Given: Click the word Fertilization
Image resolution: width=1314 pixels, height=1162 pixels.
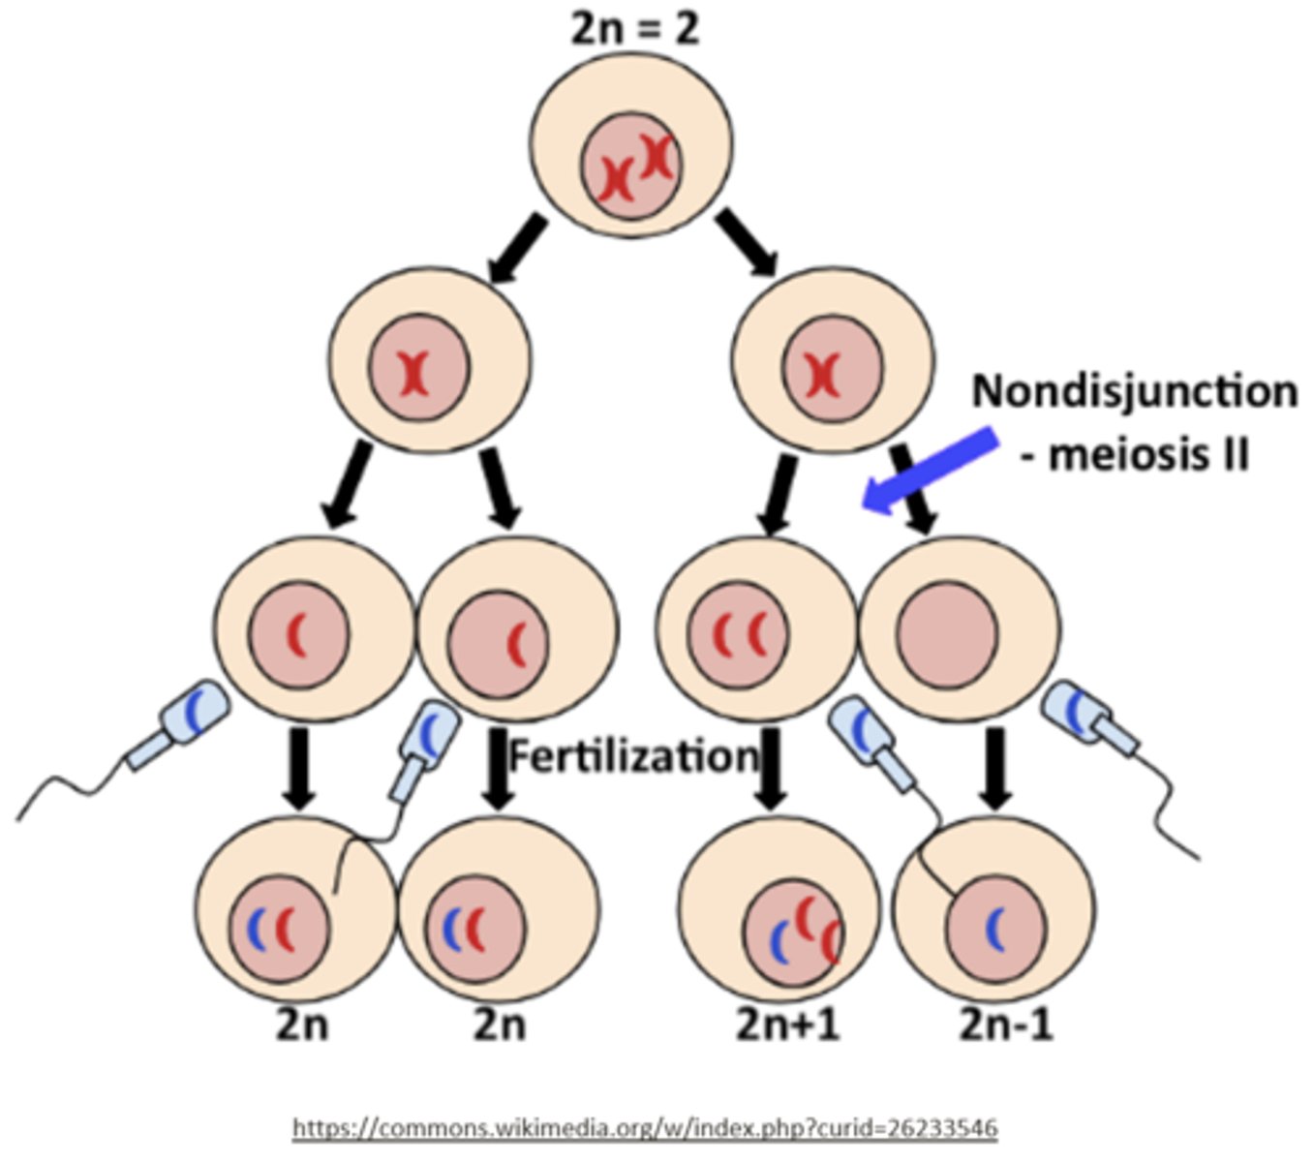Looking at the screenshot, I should click(x=634, y=755).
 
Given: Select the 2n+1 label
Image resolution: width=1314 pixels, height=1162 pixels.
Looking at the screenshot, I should click(x=787, y=1024).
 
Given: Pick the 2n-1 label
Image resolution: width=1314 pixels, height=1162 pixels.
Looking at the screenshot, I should click(x=1006, y=1024).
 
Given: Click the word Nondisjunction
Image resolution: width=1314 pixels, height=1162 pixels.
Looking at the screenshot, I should click(x=1134, y=391).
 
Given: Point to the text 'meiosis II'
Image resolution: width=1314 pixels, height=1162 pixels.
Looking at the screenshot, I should click(x=1147, y=453).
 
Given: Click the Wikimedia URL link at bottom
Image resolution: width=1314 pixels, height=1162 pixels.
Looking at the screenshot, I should click(x=644, y=1128).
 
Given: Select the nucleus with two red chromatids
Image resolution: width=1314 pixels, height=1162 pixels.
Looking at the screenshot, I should click(x=739, y=634).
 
